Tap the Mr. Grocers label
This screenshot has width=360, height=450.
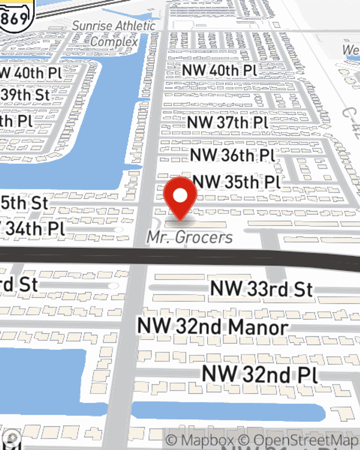(190, 237)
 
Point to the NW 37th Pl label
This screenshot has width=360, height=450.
(228, 122)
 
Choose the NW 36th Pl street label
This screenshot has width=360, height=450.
(233, 155)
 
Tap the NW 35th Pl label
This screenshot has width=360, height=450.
(237, 182)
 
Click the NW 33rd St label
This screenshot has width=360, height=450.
(261, 289)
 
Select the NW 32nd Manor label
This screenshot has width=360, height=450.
(213, 327)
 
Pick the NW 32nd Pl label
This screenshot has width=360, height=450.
(260, 374)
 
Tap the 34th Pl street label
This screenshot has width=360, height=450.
(34, 229)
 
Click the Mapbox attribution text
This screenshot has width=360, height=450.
(200, 440)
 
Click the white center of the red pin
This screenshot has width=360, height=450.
(180, 195)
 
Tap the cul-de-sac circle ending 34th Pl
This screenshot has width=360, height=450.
(118, 230)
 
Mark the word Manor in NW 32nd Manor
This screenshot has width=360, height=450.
(258, 327)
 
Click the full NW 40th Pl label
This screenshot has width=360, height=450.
(219, 70)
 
